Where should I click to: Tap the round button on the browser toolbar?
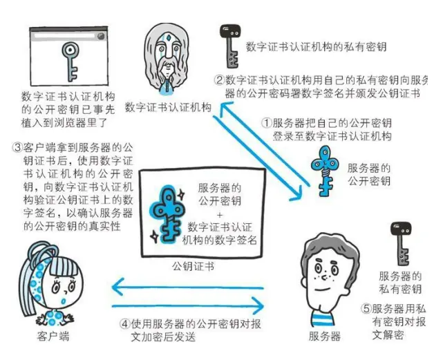pos(101,36)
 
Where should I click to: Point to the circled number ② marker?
pos(219,80)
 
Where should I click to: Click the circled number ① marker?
pos(266,123)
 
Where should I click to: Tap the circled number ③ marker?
pos(17,147)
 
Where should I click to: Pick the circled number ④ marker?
pos(124,324)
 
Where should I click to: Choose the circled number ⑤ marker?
pos(366,308)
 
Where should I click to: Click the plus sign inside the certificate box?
pos(220,215)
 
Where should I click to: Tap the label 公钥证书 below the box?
pos(193,267)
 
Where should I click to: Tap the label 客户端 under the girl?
pos(53,337)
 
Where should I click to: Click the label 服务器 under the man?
pos(324,337)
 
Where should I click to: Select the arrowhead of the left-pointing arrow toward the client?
pos(118,287)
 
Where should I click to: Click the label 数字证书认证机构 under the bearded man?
pos(168,108)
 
